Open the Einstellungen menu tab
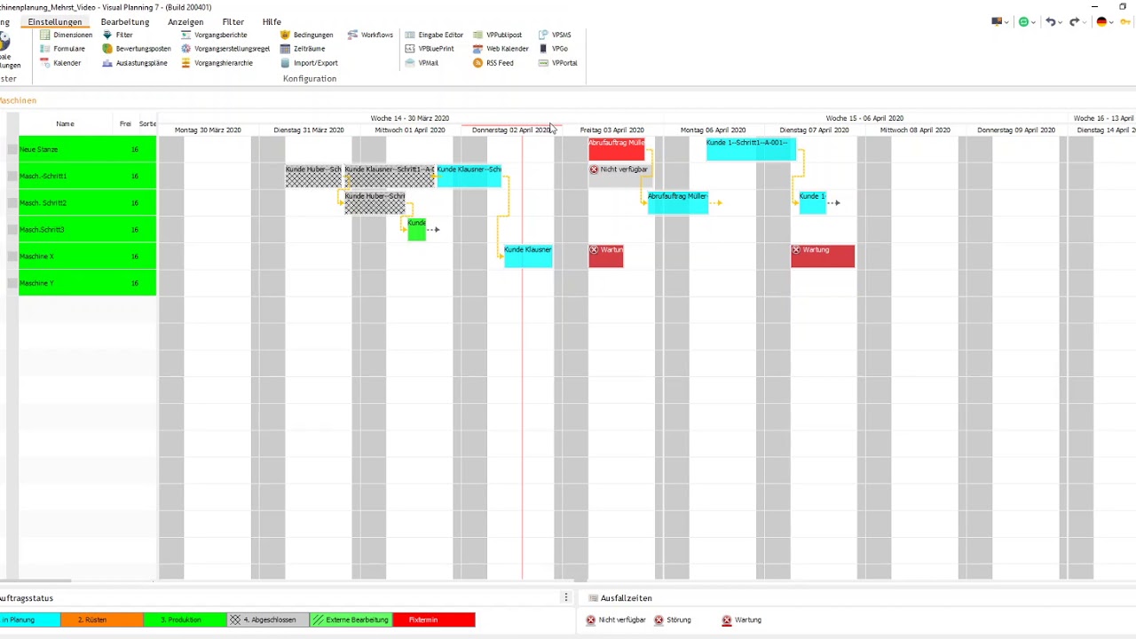coord(54,21)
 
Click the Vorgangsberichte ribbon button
coord(220,35)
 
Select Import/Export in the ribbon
coord(315,63)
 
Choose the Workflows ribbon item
coord(376,35)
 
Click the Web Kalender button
coord(507,49)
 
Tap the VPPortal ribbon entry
coord(564,63)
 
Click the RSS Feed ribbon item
coord(499,63)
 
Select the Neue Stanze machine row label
coord(39,149)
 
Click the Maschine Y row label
coord(37,283)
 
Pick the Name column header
coord(65,124)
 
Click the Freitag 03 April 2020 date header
coord(611,130)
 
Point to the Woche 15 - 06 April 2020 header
coord(864,118)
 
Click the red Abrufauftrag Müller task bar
coord(616,149)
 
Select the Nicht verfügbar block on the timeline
coord(619,170)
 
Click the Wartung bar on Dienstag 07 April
coord(823,256)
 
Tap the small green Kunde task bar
coord(416,230)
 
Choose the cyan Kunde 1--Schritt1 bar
coord(750,149)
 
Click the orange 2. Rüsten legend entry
coord(92,619)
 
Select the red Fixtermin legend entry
coord(434,619)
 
